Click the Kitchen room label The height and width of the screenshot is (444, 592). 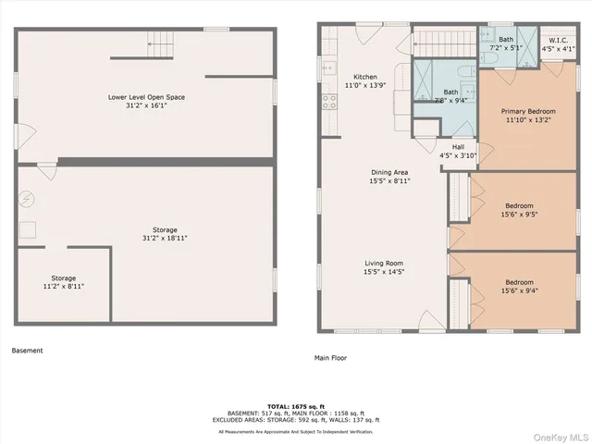coord(364,77)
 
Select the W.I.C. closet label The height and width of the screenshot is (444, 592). coord(558,41)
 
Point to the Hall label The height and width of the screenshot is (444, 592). coord(458,147)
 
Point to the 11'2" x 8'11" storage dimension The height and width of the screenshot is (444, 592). coord(64,287)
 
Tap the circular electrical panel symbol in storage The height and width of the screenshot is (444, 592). coord(28,198)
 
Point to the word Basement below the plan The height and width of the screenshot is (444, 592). coord(27,351)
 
